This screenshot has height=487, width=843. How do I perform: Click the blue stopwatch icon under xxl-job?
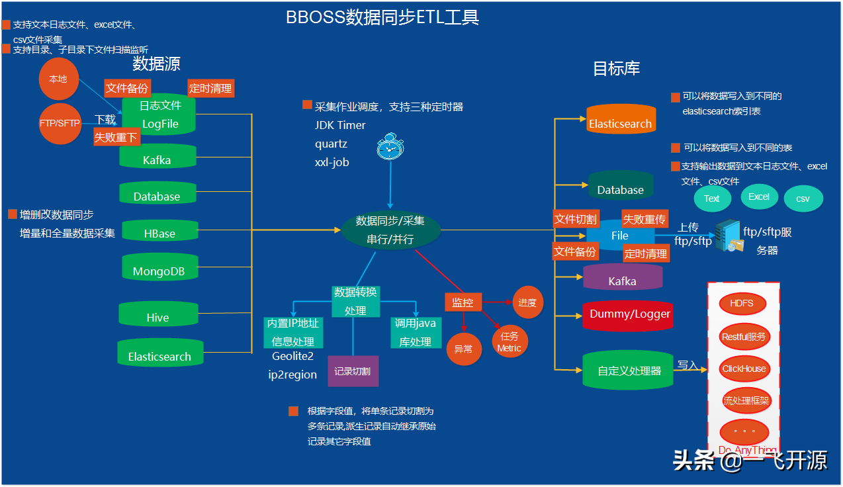point(390,147)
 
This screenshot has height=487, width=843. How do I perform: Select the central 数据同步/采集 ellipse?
point(390,230)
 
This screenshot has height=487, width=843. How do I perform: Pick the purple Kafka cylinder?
point(623,277)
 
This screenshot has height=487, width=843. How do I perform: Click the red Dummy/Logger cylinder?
point(630,314)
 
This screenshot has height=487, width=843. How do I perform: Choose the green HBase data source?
point(159,231)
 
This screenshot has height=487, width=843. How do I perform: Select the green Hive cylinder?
point(158,314)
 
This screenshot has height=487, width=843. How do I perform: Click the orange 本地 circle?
point(58,79)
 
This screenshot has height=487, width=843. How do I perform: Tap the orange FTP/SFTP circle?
point(60,123)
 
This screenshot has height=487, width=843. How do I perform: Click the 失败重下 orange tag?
point(116,137)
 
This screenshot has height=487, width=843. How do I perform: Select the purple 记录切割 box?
point(353,371)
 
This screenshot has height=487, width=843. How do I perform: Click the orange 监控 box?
point(463,302)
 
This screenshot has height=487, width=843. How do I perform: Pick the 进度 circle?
point(527,302)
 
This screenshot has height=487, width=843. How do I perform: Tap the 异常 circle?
point(464,348)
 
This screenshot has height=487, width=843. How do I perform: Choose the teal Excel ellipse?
point(759,197)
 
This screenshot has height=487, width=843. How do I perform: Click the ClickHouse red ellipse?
point(744,369)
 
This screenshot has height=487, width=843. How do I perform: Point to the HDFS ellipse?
point(742,304)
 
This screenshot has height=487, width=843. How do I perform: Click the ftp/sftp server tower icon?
point(728,236)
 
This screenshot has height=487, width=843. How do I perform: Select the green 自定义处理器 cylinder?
point(628,370)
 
